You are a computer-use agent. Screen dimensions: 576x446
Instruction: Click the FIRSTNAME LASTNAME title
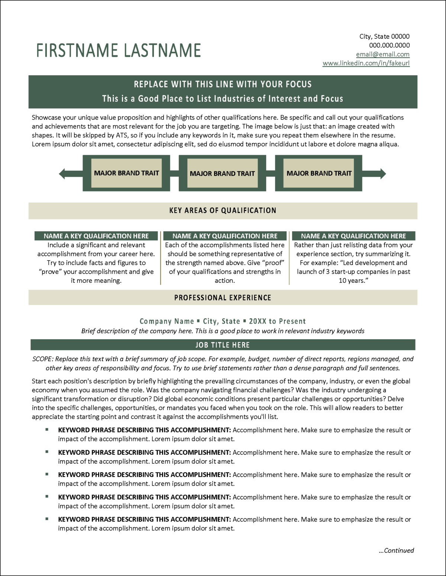[x=119, y=50]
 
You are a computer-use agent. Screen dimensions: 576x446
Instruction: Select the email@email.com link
[x=382, y=54]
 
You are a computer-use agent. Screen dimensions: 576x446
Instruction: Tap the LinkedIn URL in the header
[x=366, y=63]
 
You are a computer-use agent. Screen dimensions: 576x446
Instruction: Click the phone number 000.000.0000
[x=389, y=45]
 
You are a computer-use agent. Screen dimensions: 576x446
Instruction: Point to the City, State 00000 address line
[x=384, y=36]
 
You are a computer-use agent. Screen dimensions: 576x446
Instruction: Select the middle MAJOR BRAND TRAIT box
[x=222, y=173]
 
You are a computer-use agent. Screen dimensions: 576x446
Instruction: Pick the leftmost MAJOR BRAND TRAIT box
[x=126, y=173]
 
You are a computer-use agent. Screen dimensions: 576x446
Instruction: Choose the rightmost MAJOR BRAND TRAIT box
[x=319, y=173]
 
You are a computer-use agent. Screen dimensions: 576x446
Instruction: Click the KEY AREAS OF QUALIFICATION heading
[x=223, y=210]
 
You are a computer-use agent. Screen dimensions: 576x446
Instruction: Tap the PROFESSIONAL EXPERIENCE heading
[x=223, y=298]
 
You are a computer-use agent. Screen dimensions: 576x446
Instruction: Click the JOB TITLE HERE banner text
[x=223, y=345]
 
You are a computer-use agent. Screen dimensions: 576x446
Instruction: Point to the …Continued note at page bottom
[x=396, y=550]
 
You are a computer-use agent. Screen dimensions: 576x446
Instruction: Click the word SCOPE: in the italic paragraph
[x=43, y=359]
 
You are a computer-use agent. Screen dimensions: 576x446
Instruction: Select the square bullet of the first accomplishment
[x=47, y=429]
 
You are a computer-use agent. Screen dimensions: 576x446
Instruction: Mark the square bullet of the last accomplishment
[x=47, y=518]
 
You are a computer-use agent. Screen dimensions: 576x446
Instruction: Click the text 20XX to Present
[x=277, y=321]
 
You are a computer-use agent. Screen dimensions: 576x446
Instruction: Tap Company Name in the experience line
[x=167, y=321]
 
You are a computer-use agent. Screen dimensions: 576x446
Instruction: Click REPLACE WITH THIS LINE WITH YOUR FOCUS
[x=223, y=84]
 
